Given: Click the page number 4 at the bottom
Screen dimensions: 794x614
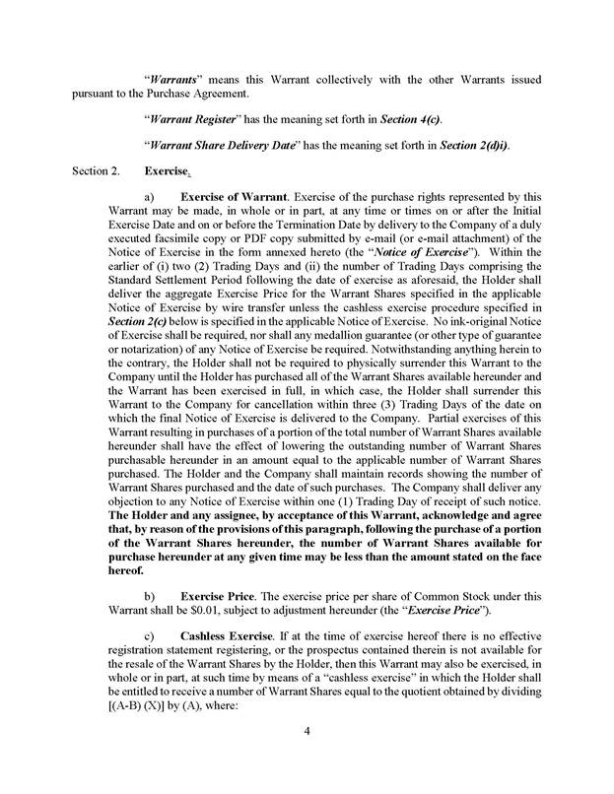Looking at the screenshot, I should click(x=307, y=757).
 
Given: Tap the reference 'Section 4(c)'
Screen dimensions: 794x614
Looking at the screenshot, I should click(x=412, y=119).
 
